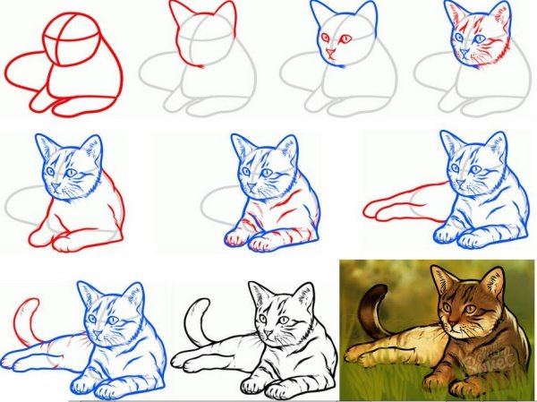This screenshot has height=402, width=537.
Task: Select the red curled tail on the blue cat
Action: tap(27, 318)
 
